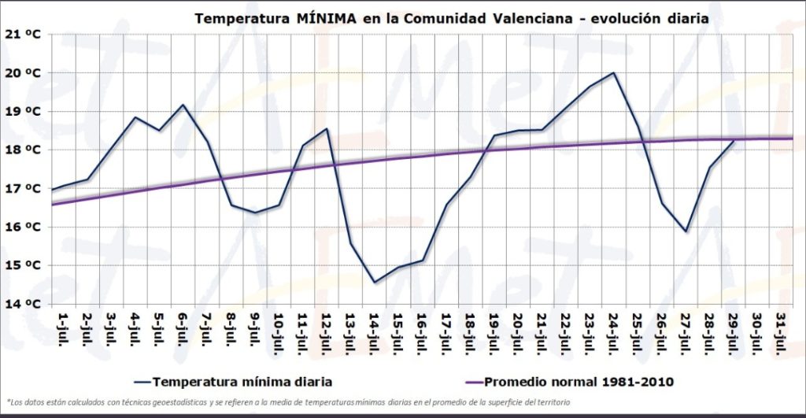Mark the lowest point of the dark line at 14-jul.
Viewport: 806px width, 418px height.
(x=375, y=282)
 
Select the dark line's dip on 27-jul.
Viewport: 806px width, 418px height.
(x=686, y=231)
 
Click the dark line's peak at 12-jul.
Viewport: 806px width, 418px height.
(x=327, y=128)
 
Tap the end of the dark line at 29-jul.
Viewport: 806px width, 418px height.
(x=734, y=141)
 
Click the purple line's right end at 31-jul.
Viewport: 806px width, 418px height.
(x=791, y=139)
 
